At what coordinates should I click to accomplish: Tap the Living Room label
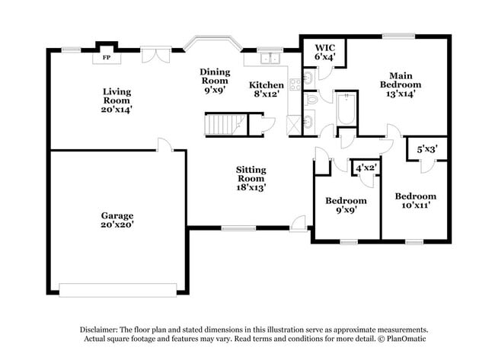tap(117, 100)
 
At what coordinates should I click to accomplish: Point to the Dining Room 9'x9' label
tap(215, 80)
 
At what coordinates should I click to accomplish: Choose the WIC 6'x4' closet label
tap(324, 52)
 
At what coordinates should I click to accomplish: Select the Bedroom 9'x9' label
tap(346, 205)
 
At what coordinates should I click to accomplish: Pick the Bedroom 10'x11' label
tap(415, 201)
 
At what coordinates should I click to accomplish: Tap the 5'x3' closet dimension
tap(426, 150)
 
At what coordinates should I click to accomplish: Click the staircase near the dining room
tap(225, 123)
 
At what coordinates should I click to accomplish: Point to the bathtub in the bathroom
tap(346, 111)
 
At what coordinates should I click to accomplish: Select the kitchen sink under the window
tap(269, 59)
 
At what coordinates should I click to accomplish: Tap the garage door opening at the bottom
tap(117, 289)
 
